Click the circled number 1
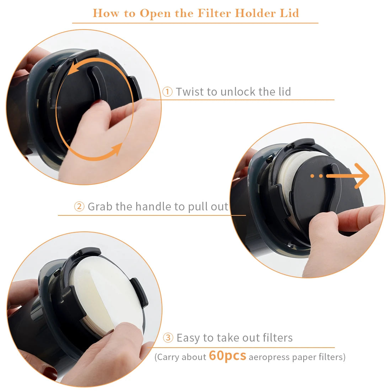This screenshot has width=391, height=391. coord(167,91)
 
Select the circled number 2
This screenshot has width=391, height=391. coord(79,207)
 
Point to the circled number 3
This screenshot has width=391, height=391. coord(168,338)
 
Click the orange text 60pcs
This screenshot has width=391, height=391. coord(227,356)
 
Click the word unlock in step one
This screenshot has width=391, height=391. coord(238,92)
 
